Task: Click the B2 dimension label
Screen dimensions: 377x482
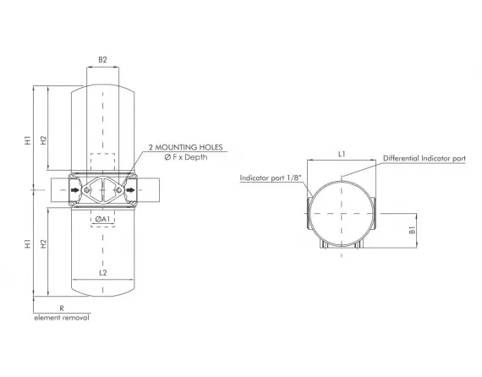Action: pyautogui.click(x=102, y=60)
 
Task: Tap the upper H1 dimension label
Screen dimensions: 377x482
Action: pyautogui.click(x=28, y=139)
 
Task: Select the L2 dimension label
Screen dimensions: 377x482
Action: pyautogui.click(x=102, y=272)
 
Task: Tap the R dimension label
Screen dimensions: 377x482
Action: pyautogui.click(x=62, y=309)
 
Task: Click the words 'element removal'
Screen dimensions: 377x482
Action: pyautogui.click(x=61, y=318)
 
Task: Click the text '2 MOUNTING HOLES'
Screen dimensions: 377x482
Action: pyautogui.click(x=185, y=148)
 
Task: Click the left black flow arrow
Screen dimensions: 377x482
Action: pyautogui.click(x=76, y=190)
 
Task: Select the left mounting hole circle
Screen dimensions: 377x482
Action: pyautogui.click(x=91, y=190)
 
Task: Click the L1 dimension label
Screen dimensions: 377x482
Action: pyautogui.click(x=340, y=154)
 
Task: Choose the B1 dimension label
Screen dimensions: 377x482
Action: pyautogui.click(x=412, y=229)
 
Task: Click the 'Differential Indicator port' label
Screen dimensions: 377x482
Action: pyautogui.click(x=424, y=158)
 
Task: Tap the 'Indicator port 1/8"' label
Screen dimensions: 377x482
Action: pyautogui.click(x=269, y=178)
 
